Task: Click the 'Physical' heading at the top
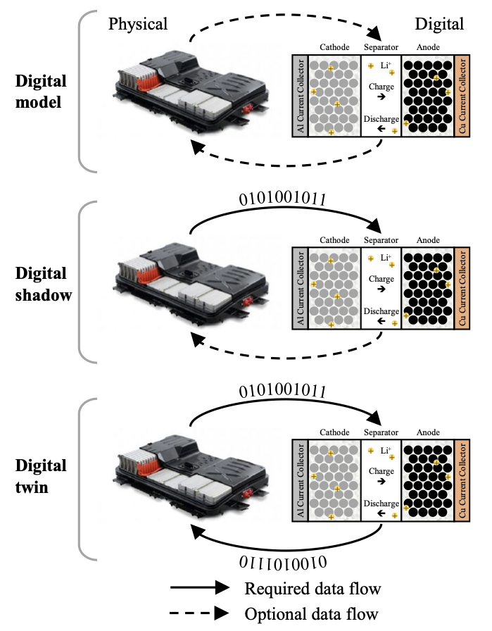pyautogui.click(x=138, y=24)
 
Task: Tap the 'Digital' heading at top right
pyautogui.click(x=439, y=24)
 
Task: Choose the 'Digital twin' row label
pyautogui.click(x=41, y=475)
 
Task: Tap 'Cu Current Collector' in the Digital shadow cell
pyautogui.click(x=462, y=288)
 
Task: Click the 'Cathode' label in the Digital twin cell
pyautogui.click(x=332, y=432)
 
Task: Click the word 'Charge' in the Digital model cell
pyautogui.click(x=381, y=86)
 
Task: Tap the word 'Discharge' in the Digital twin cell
pyautogui.click(x=381, y=504)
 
